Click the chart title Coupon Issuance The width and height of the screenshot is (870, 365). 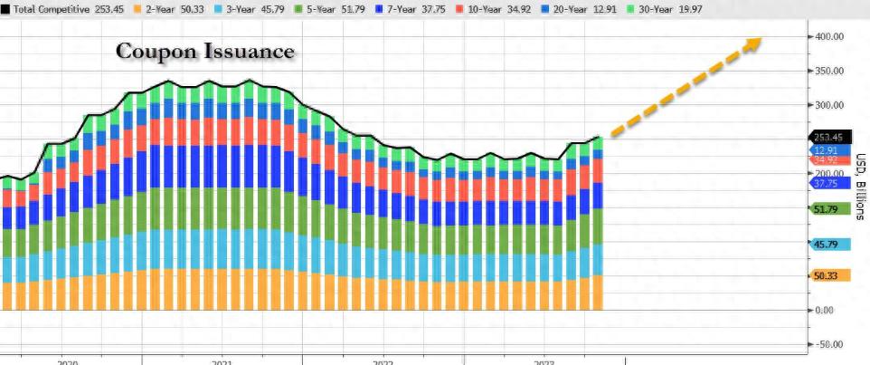[x=205, y=52]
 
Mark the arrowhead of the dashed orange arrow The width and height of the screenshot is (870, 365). [x=756, y=43]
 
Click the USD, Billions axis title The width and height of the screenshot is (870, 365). [x=858, y=186]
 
